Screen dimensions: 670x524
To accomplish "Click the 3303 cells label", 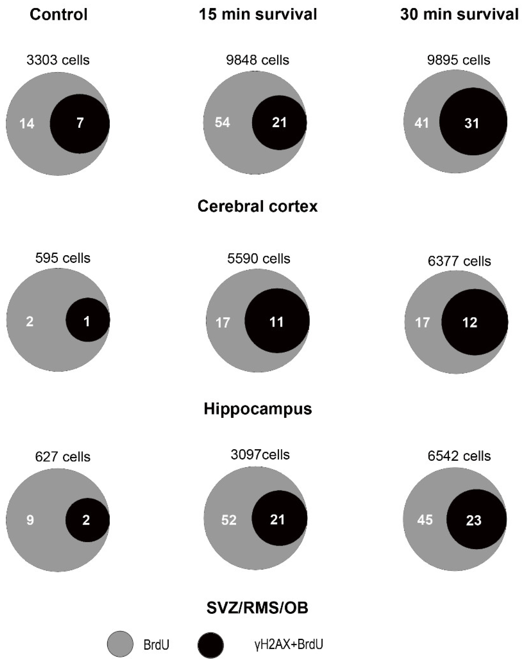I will (58, 60).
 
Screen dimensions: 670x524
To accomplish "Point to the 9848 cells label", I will (258, 60).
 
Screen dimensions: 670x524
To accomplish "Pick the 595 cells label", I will (63, 258).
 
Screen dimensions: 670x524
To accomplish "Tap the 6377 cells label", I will (459, 261).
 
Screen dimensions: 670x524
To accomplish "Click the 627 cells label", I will (63, 457).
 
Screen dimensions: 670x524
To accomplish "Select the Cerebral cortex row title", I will (257, 206).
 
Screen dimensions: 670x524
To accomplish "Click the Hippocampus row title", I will (258, 409).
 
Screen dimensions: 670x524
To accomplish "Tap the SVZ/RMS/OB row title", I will (257, 608).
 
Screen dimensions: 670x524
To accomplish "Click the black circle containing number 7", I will (80, 124).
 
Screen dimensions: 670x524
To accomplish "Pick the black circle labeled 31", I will (473, 122).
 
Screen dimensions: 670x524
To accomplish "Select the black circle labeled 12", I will (475, 322).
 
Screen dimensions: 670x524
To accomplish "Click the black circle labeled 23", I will (476, 520).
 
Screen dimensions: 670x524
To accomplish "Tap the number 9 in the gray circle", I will (30, 520).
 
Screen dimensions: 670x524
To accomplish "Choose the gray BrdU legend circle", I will (120, 644).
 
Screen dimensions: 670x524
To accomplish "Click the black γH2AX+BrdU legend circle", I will (211, 645).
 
